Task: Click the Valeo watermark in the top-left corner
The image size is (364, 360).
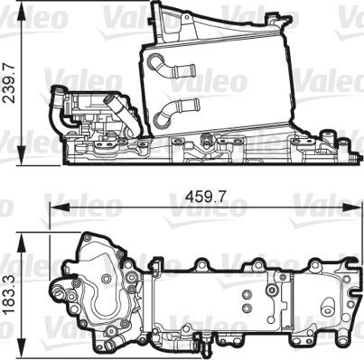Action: tap(18, 13)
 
